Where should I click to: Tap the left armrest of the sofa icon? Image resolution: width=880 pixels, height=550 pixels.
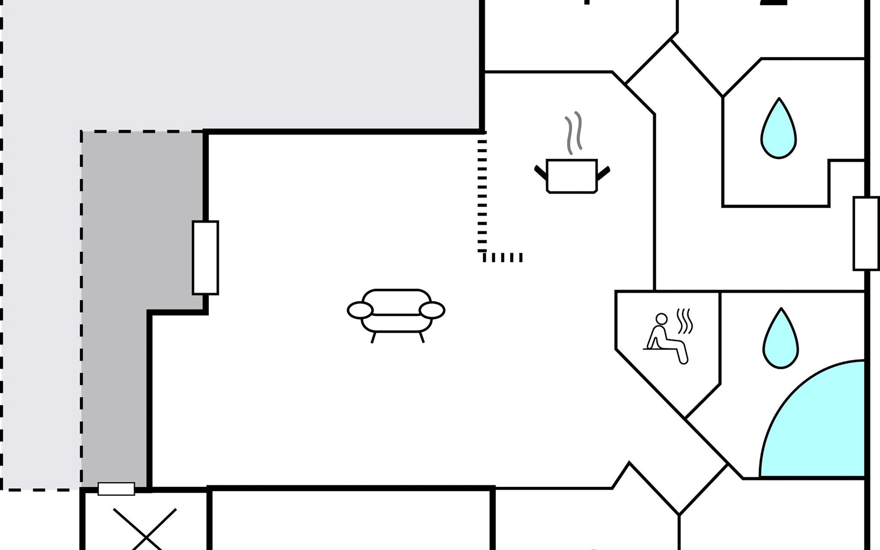point(360,310)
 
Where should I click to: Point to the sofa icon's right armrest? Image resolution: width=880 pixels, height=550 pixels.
point(432,310)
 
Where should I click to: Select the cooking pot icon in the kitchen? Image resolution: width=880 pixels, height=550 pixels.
point(572,176)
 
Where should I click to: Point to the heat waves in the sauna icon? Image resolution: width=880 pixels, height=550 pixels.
point(685,321)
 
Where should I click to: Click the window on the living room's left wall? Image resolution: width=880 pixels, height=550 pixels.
point(205,258)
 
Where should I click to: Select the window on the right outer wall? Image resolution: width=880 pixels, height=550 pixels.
point(866,233)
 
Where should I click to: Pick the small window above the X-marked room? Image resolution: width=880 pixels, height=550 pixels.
point(116,489)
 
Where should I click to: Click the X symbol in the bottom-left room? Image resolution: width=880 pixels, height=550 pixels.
point(145,529)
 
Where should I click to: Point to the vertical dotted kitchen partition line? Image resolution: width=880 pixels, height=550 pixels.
point(482,192)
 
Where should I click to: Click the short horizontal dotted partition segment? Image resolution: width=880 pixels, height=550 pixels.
point(503,257)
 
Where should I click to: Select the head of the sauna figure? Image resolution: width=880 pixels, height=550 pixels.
point(661,319)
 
